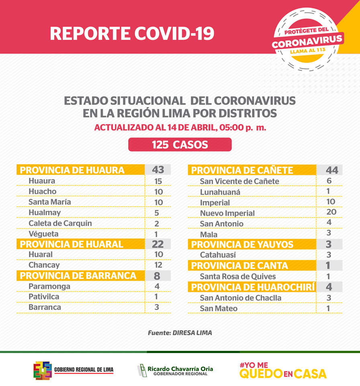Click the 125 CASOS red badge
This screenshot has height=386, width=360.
(180, 144)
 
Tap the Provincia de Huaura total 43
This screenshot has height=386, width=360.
(158, 170)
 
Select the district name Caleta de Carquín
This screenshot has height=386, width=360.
(60, 223)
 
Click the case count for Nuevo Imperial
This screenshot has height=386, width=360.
(331, 212)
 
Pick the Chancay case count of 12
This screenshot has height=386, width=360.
(158, 265)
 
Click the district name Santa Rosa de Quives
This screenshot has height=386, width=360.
(238, 277)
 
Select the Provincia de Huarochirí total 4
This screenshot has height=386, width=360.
(329, 287)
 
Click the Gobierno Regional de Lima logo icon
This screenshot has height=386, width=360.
(43, 370)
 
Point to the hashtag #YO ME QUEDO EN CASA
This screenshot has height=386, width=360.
(283, 370)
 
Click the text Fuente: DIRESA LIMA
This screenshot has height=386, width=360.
(180, 333)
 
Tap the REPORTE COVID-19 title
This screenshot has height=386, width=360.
(132, 33)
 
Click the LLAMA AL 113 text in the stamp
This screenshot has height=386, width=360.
(308, 51)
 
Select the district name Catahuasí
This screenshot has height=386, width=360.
(218, 255)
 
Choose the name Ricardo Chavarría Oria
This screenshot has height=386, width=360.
(180, 369)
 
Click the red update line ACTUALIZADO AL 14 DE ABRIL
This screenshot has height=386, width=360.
(180, 127)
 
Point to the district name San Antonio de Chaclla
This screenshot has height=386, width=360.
(240, 298)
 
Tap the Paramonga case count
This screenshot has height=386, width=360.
(157, 286)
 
